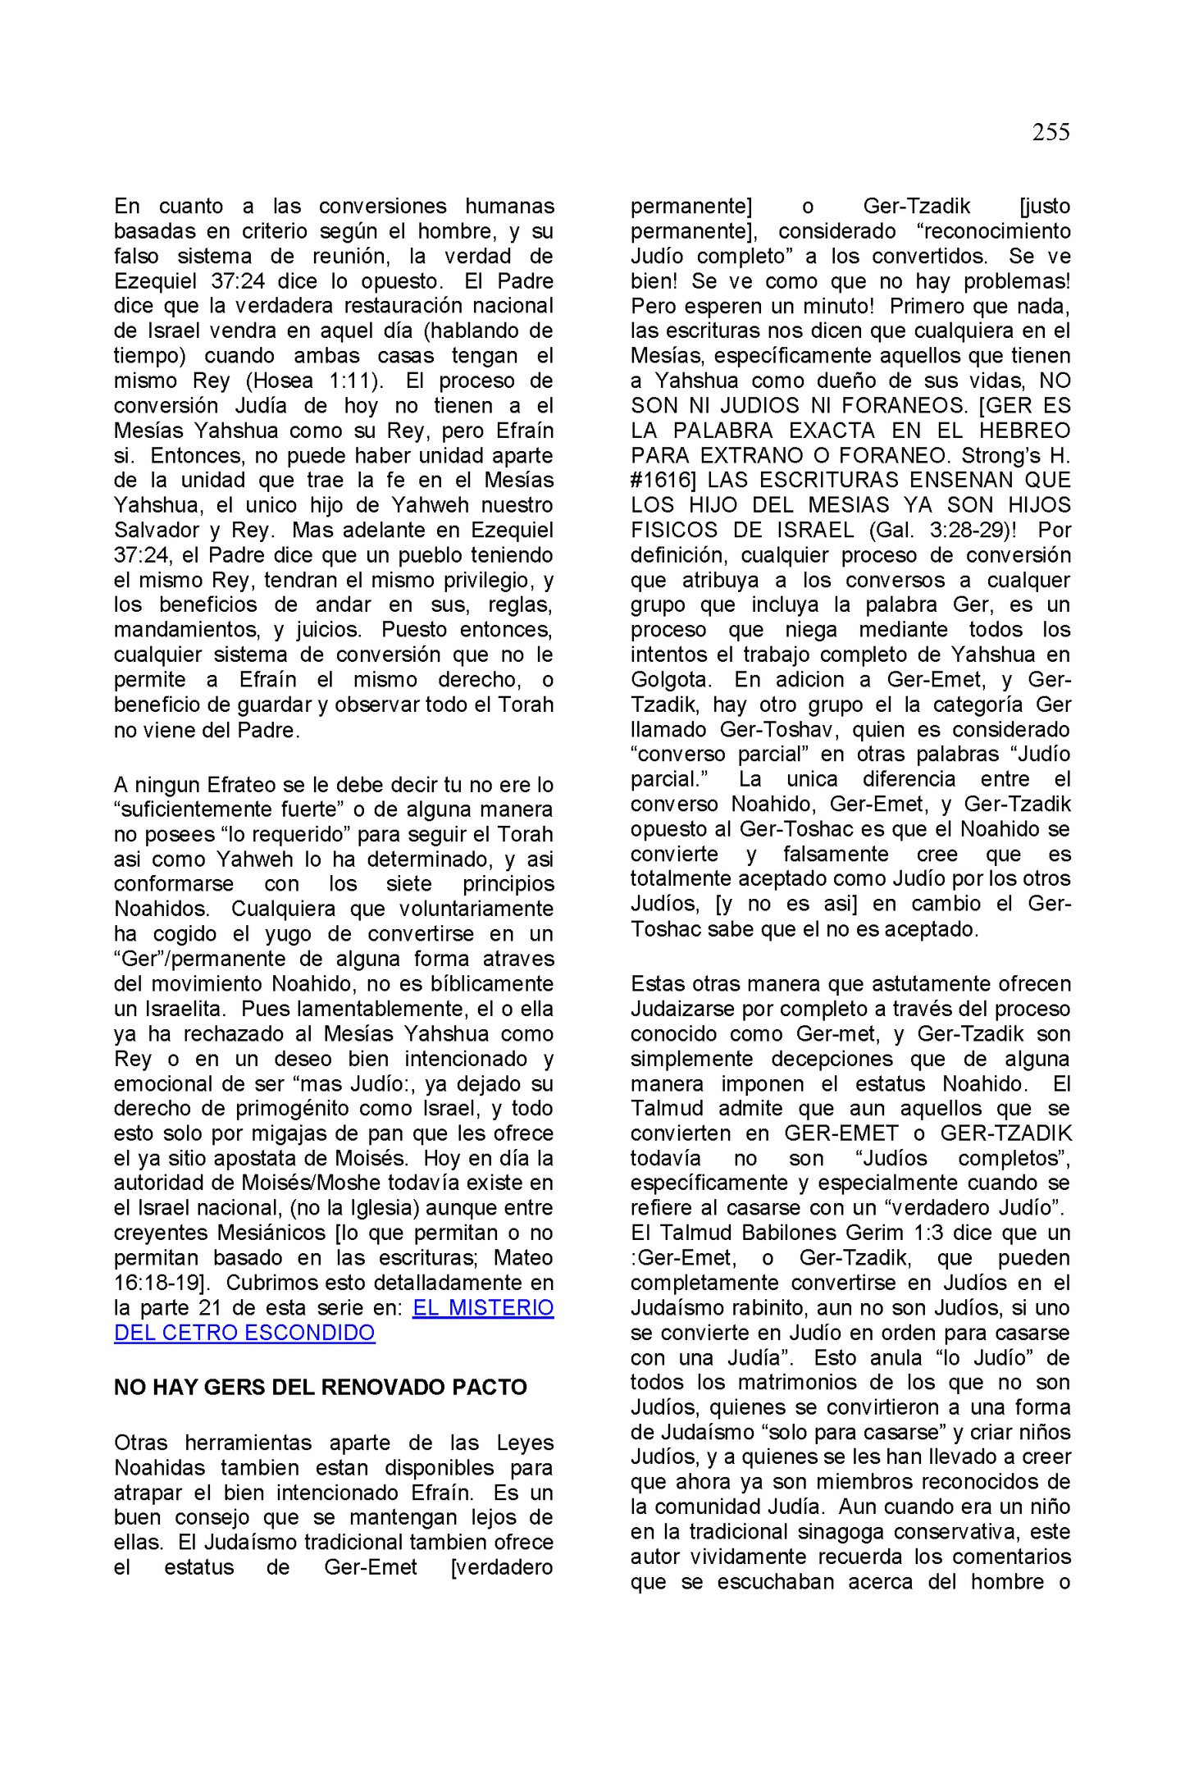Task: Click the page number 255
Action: (x=1050, y=132)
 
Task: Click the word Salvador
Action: (x=156, y=530)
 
